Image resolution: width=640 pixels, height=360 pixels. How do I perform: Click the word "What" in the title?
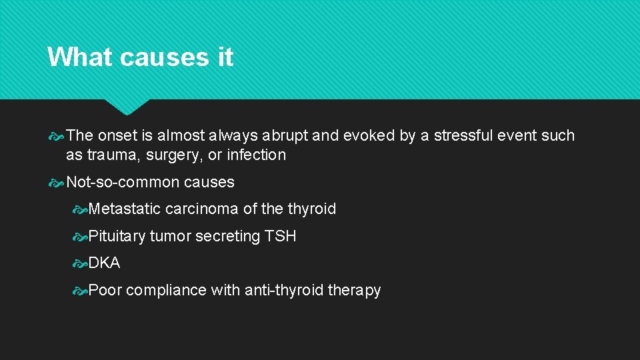tap(79, 57)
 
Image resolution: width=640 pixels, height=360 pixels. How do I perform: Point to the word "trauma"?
tap(110, 155)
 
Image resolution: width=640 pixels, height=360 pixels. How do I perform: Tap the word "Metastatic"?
tap(125, 209)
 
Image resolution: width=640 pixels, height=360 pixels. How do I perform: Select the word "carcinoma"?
tap(202, 209)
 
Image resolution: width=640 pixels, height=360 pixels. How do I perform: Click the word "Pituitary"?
tap(117, 236)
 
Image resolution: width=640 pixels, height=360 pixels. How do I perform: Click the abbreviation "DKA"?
tap(105, 263)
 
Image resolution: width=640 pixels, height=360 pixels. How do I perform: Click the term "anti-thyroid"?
tap(284, 290)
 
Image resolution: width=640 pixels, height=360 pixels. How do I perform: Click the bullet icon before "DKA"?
tap(79, 263)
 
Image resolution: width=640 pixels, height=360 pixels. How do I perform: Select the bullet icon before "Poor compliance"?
tap(79, 290)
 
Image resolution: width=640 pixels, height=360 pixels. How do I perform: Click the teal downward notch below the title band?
tap(126, 106)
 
